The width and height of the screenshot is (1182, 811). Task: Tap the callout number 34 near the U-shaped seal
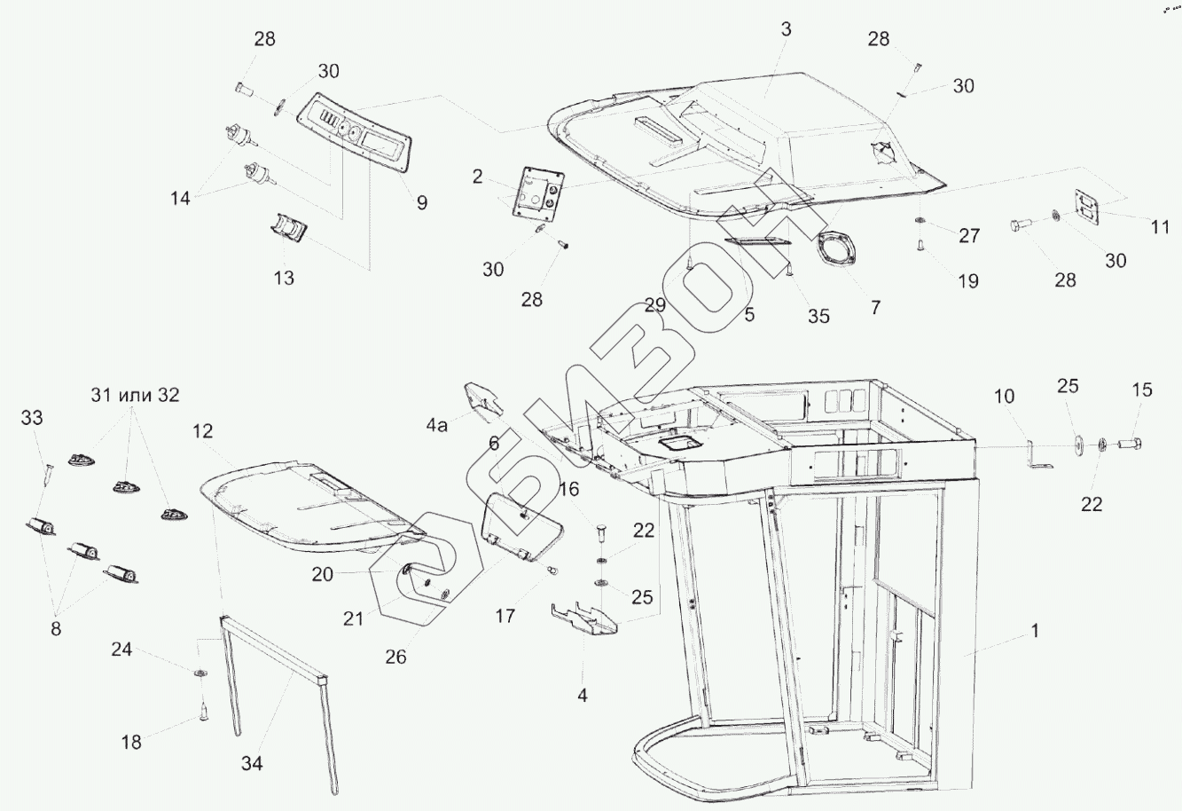pos(252,762)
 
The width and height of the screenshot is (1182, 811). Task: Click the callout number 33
pos(31,416)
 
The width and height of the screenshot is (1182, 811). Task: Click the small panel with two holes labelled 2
pos(538,191)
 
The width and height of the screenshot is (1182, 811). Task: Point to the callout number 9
pos(422,202)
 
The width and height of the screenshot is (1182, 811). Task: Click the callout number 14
pos(180,199)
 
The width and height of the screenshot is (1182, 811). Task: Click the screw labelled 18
pos(204,710)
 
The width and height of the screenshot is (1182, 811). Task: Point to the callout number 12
pos(202,431)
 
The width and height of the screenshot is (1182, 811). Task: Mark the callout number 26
pos(395,657)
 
